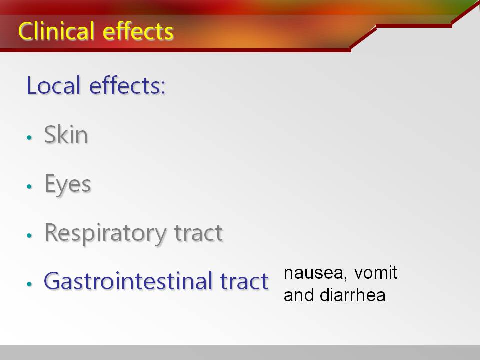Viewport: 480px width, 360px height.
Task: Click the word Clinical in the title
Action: [x=56, y=31]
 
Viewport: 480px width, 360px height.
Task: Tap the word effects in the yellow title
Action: [x=138, y=31]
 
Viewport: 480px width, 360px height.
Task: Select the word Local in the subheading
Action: [x=54, y=85]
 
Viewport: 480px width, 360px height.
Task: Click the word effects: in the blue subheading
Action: [x=127, y=85]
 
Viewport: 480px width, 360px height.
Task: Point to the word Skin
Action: [x=66, y=134]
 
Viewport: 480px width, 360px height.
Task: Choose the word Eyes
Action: [x=68, y=184]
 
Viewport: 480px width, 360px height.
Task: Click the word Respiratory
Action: [x=106, y=234]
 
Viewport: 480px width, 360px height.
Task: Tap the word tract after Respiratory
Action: [x=198, y=233]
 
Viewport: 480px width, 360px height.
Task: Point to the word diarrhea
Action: [x=352, y=295]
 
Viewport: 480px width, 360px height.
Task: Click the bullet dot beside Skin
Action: [x=29, y=138]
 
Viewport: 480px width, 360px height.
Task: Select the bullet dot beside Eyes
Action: [x=29, y=186]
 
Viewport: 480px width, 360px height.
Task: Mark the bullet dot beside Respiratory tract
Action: [x=29, y=235]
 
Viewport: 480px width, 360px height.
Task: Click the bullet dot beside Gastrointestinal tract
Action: [x=29, y=284]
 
